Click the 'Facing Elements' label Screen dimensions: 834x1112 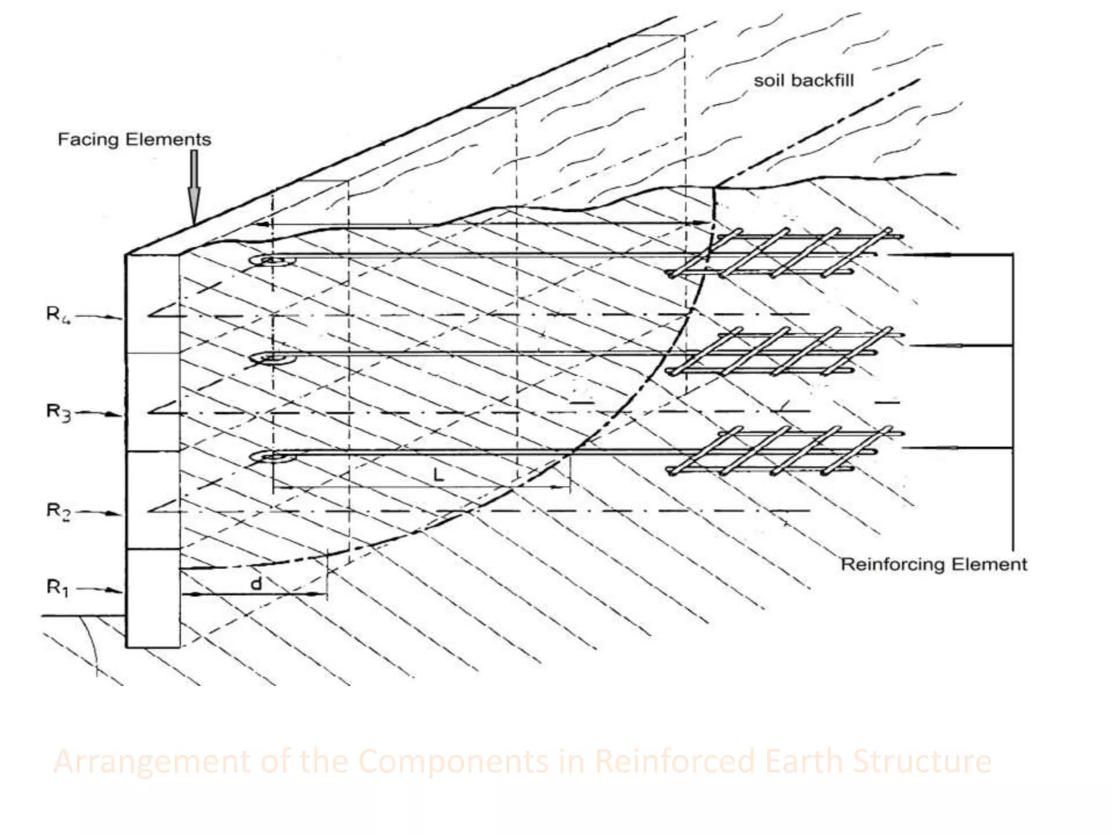click(x=134, y=140)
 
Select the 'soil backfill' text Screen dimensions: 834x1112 click(x=804, y=81)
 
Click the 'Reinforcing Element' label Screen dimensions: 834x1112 click(x=933, y=564)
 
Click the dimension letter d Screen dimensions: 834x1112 click(x=256, y=584)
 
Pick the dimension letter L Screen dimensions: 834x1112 click(x=439, y=476)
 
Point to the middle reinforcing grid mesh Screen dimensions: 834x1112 click(x=782, y=352)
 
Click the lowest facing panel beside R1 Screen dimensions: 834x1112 click(x=153, y=597)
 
